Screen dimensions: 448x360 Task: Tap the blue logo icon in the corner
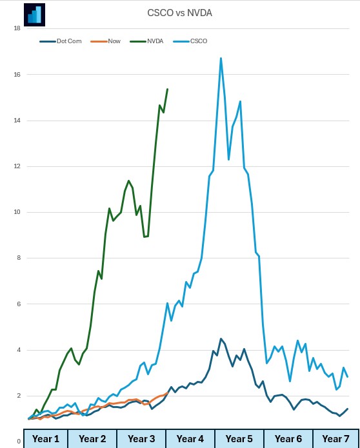tap(33, 14)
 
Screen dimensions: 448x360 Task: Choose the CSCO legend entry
tap(199, 41)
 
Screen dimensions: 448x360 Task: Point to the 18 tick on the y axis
tap(17, 28)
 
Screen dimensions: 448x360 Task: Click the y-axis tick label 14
tap(17, 121)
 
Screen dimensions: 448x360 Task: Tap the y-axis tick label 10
tap(17, 212)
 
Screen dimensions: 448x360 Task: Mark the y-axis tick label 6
tap(19, 304)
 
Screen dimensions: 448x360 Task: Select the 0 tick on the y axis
tap(19, 442)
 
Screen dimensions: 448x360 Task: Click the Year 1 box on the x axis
tap(46, 438)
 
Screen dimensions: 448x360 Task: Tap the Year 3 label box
tap(141, 438)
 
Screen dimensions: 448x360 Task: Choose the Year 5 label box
tap(239, 438)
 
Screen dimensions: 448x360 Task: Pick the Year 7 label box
tap(335, 438)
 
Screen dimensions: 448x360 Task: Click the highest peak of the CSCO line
tap(221, 58)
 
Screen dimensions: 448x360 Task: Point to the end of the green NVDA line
tap(167, 89)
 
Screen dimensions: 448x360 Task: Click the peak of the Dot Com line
tap(221, 338)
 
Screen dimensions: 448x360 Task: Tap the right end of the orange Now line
tap(167, 393)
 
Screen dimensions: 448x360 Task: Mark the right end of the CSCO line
tap(348, 376)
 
